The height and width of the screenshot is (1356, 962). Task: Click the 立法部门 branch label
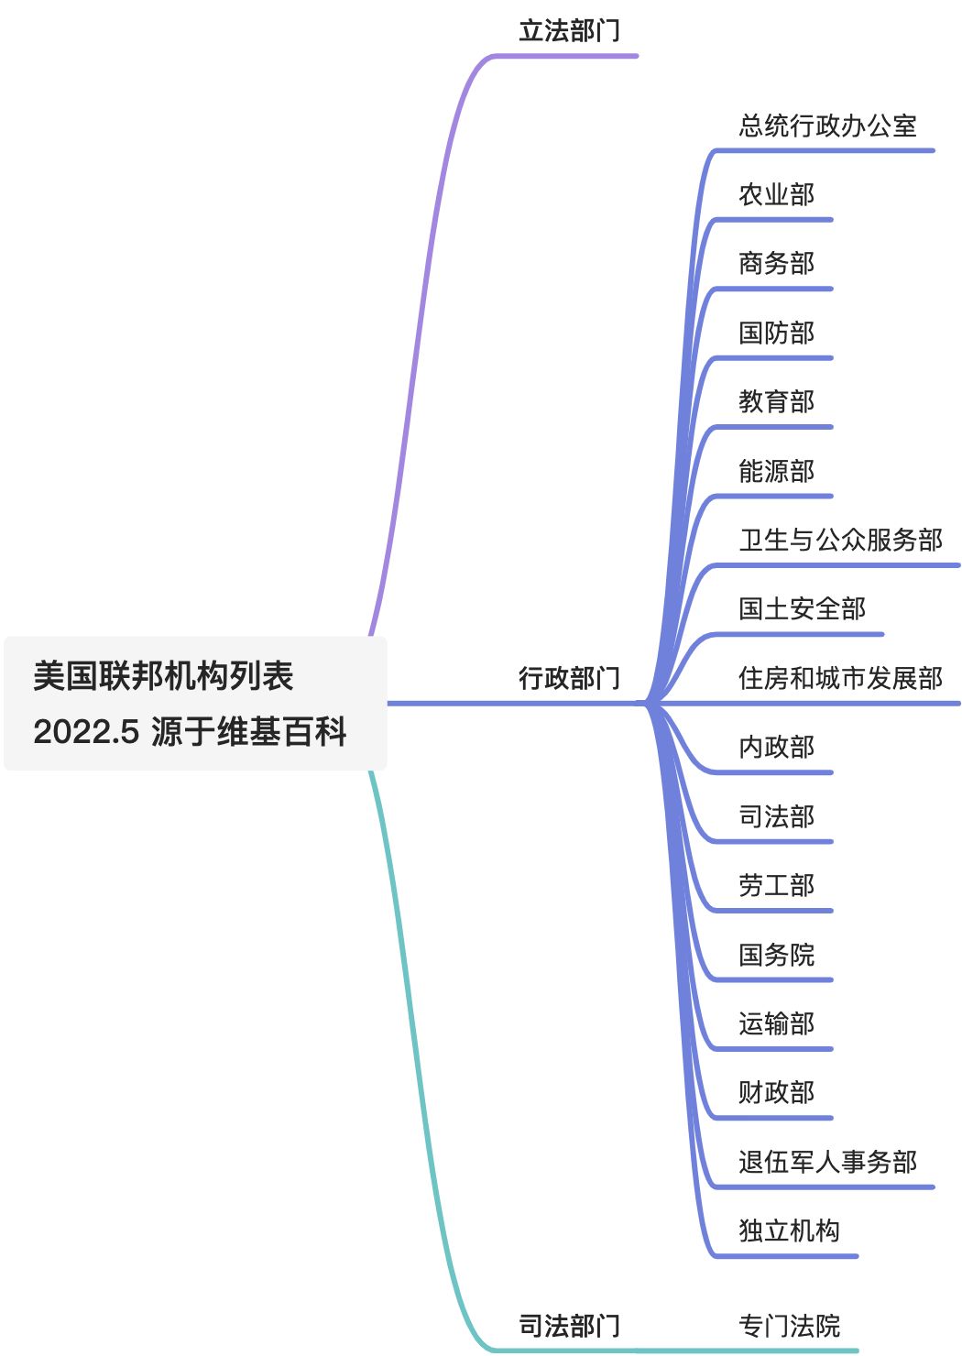tap(569, 31)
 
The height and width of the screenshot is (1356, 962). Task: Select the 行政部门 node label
tap(569, 678)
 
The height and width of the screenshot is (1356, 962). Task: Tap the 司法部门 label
tap(569, 1325)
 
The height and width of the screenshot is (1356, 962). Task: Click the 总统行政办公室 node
tap(827, 126)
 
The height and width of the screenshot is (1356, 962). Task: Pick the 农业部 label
tap(776, 194)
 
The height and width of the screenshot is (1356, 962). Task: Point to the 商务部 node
tap(776, 264)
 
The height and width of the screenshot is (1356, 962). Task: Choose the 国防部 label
tap(776, 333)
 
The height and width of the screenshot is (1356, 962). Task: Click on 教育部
tap(776, 401)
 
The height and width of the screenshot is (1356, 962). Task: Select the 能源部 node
tap(776, 471)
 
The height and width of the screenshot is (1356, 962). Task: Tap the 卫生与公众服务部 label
tap(840, 540)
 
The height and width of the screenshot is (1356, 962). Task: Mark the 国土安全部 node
tap(802, 608)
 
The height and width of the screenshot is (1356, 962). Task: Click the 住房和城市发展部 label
tap(840, 678)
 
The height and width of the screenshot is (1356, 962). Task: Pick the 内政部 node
tap(776, 747)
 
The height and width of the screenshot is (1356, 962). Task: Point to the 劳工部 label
tap(776, 885)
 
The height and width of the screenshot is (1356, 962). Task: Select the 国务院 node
tap(776, 955)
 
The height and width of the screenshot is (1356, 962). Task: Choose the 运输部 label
tap(776, 1023)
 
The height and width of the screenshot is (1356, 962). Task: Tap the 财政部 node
tap(776, 1092)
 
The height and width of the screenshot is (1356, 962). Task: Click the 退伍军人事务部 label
tap(827, 1162)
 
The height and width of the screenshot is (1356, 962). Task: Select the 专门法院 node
tap(789, 1325)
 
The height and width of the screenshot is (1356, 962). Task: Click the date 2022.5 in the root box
tap(86, 732)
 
